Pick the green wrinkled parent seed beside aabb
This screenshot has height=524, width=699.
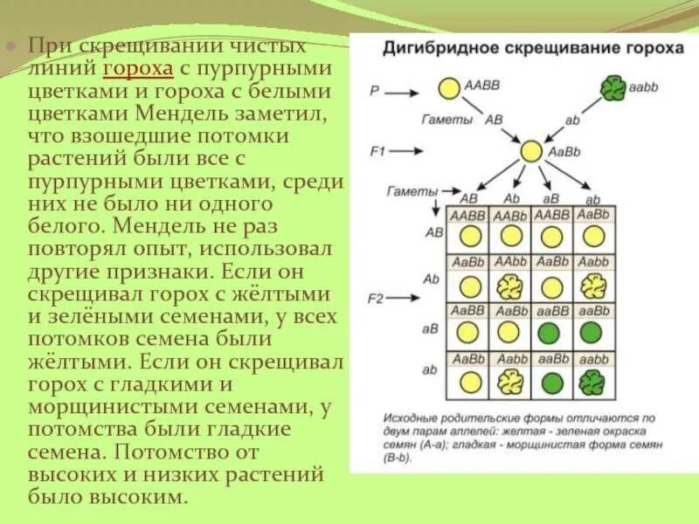pos(612,88)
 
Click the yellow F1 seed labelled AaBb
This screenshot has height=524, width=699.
pos(531,151)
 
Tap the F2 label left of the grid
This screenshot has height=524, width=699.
pos(376,299)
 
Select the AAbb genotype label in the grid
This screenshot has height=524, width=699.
pos(510,262)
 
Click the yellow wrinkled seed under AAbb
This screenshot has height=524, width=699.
pos(510,286)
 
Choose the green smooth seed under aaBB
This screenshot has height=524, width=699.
pos(550,333)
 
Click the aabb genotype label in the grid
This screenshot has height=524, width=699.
pos(593,358)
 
